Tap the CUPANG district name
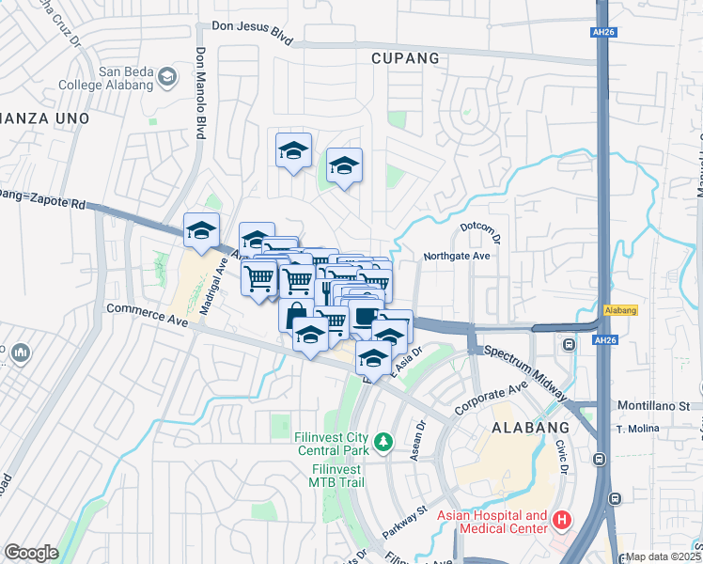pyautogui.click(x=405, y=58)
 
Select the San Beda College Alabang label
pyautogui.click(x=113, y=78)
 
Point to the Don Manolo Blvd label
pyautogui.click(x=200, y=93)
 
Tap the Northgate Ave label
pyautogui.click(x=457, y=256)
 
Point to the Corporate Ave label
pyautogui.click(x=491, y=398)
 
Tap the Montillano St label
pyautogui.click(x=659, y=406)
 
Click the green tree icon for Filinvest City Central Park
pyautogui.click(x=383, y=441)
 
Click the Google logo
pyautogui.click(x=31, y=553)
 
